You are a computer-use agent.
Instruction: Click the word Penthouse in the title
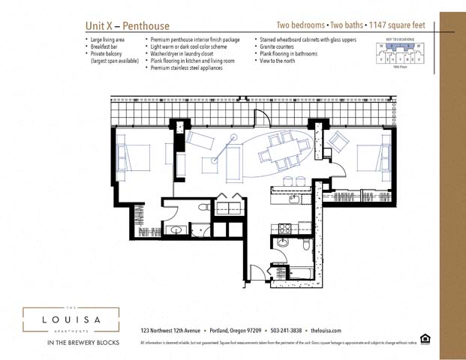point(145,25)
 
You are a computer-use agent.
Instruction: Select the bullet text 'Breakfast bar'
point(108,46)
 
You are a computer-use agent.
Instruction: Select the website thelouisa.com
point(326,331)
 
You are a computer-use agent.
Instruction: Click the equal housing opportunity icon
point(425,338)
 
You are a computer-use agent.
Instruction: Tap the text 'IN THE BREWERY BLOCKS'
point(71,343)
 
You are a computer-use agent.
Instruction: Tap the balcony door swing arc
point(263,118)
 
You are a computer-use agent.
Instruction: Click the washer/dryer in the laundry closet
point(229,205)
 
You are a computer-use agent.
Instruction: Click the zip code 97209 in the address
point(253,331)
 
